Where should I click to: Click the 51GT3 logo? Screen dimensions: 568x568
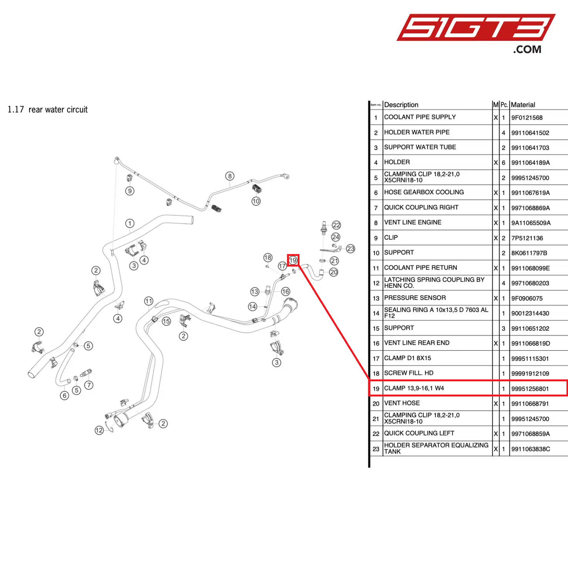476,33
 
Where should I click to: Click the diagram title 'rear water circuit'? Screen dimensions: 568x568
58,110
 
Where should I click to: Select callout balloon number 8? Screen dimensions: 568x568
230,176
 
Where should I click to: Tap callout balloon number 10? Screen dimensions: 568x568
256,201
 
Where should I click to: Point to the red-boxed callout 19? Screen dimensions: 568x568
293,260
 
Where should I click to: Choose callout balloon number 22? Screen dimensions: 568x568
336,225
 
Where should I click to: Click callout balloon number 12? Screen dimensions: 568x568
99,430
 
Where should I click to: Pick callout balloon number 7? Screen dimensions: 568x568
89,385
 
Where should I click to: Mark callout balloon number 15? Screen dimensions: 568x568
166,321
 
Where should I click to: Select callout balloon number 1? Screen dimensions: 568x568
130,223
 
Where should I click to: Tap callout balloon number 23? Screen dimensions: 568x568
350,249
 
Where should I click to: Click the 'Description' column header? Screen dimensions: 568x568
401,105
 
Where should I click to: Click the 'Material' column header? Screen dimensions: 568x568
523,105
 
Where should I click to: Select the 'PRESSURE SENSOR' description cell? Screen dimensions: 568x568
415,298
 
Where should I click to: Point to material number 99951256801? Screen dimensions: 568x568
530,389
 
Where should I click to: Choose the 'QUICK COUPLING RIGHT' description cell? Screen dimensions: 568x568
421,208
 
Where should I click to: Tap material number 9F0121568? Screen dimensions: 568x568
527,118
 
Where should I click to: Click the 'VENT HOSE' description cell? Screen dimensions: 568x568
402,403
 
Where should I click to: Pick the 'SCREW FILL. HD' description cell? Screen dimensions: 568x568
408,373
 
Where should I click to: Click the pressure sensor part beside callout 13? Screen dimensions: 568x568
268,290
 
